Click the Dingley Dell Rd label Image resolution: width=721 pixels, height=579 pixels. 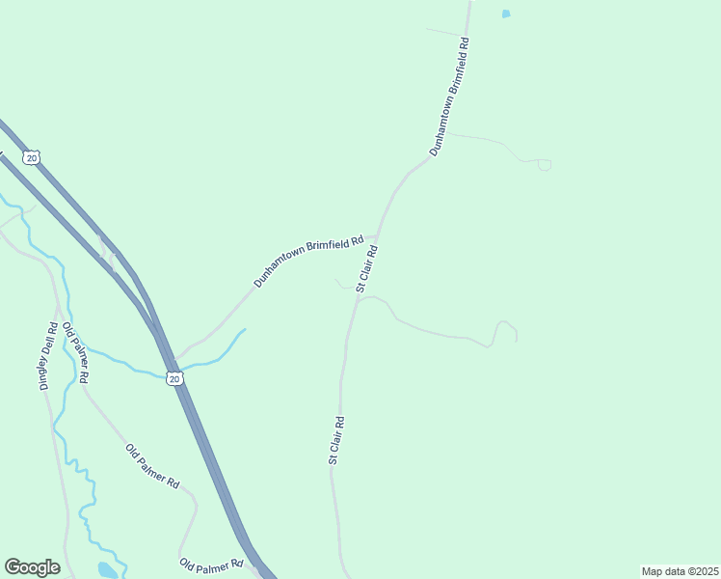tap(50, 355)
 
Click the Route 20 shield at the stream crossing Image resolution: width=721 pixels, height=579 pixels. tap(174, 378)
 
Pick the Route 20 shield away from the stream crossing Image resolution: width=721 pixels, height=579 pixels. tap(32, 157)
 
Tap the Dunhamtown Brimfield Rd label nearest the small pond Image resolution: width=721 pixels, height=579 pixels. tap(449, 96)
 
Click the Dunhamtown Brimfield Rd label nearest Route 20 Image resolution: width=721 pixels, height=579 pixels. tap(308, 262)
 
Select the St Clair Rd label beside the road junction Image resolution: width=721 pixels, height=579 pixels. tap(366, 268)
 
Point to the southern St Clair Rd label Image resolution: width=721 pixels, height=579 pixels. tap(335, 441)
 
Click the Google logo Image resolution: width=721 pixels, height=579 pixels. tap(32, 567)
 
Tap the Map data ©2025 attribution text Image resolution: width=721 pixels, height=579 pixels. tap(680, 571)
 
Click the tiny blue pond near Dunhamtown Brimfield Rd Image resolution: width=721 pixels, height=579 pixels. tap(506, 14)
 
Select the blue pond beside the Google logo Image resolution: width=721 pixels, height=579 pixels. tap(107, 570)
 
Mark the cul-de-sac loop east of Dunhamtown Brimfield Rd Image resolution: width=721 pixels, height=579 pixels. tap(545, 165)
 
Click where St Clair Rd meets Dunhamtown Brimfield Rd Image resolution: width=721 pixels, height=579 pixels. tap(376, 234)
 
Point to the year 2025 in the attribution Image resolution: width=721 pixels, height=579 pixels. tap(703, 571)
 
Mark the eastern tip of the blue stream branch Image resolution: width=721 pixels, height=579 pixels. tap(245, 329)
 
